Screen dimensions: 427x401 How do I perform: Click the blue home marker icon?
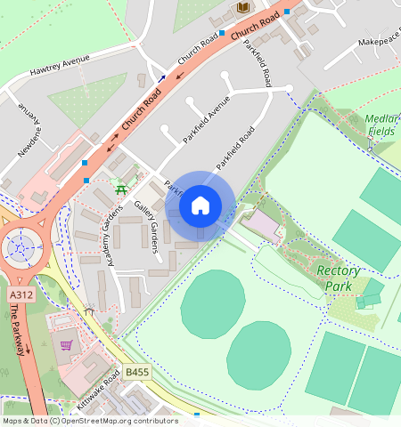200,205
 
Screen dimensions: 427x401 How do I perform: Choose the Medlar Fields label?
381,125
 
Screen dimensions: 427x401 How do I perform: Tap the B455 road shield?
136,373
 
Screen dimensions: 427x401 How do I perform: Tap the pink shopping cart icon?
65,344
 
